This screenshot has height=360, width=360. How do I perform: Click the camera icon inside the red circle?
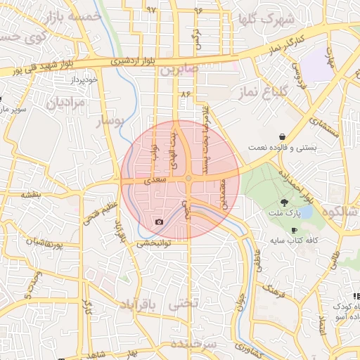coord(159,222)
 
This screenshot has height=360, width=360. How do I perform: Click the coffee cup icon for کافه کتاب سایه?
coord(294,231)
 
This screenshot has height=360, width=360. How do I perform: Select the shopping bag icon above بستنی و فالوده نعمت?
coord(282,136)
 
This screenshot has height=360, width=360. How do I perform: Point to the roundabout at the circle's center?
coord(188,179)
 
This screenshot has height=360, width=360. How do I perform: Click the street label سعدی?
coord(155,180)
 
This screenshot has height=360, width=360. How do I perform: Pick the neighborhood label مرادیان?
coord(65,103)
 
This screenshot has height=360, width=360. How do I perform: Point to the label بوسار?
coord(109,122)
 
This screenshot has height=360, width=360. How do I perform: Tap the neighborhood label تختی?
coord(184,304)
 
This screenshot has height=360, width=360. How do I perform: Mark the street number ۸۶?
coord(186,93)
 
